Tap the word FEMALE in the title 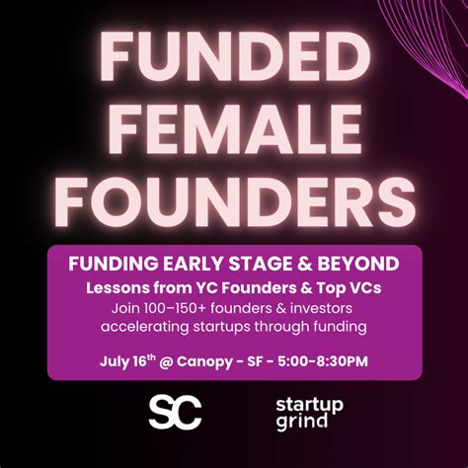click(234, 132)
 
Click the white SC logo click(175, 410)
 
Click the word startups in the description click(228, 326)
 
